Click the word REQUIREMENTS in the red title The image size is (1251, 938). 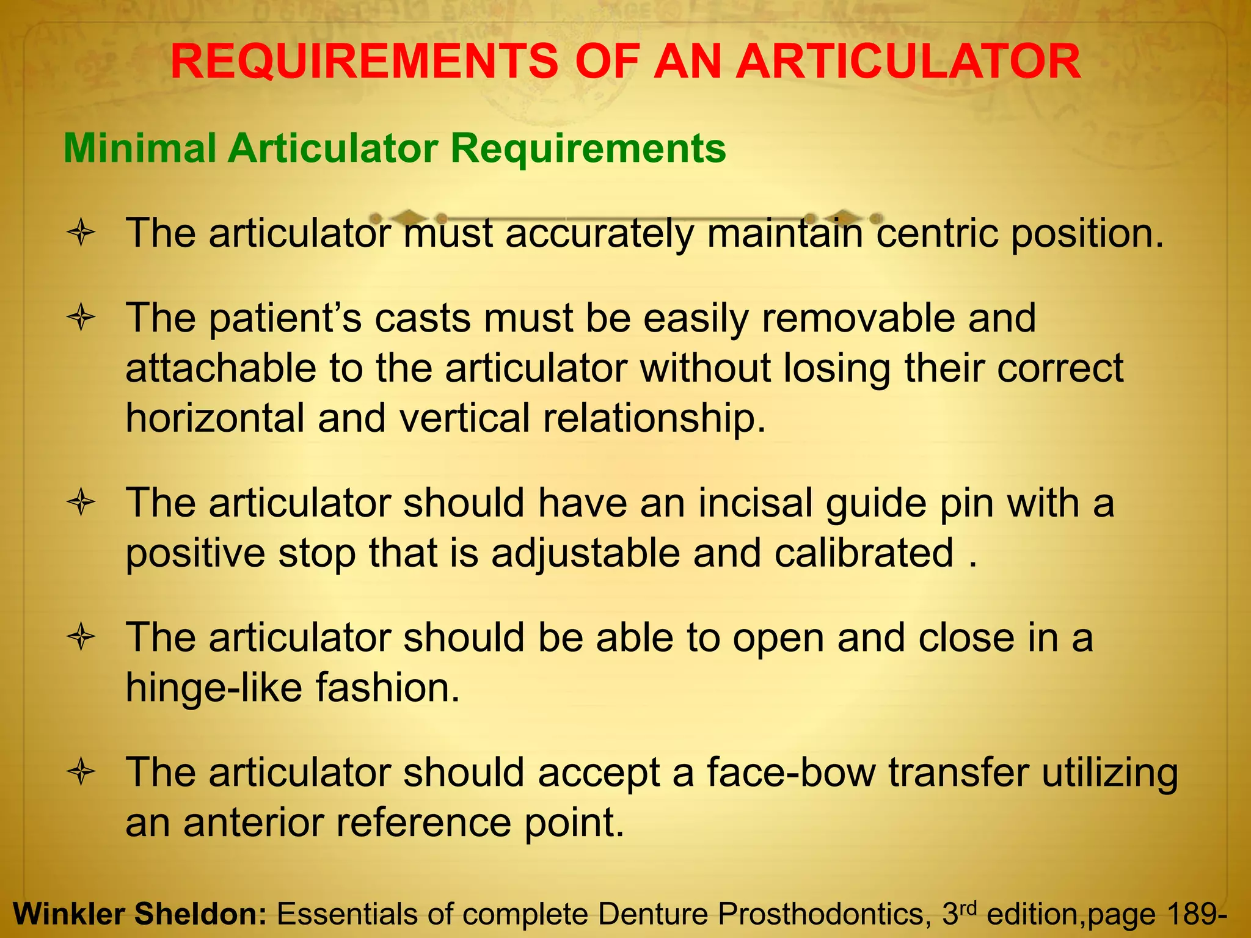(363, 62)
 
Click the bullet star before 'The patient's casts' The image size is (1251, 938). (81, 318)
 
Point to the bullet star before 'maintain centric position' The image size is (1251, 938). (81, 233)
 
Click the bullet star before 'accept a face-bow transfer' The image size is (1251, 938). (81, 773)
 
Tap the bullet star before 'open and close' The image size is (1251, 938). (81, 638)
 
